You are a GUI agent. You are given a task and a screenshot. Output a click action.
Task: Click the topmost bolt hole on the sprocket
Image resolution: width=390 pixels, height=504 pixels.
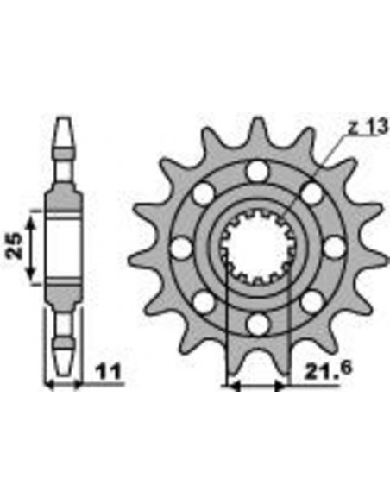tap(255, 171)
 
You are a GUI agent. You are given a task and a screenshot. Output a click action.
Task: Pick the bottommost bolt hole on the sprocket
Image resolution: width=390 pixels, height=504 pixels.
tap(255, 324)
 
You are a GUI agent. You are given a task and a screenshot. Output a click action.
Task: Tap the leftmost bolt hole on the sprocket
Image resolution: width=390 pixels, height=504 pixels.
tap(179, 248)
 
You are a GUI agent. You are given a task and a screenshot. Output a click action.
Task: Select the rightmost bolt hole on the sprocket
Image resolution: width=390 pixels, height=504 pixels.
tap(332, 248)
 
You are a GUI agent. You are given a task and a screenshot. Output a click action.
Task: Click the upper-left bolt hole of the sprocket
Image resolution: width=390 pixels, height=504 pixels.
tap(202, 193)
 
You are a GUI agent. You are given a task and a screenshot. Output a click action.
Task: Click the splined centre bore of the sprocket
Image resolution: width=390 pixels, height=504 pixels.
tap(255, 248)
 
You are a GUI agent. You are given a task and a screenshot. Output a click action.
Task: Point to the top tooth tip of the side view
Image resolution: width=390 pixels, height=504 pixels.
tap(62, 123)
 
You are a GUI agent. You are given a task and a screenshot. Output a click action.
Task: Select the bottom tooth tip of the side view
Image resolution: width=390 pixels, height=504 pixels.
tap(62, 367)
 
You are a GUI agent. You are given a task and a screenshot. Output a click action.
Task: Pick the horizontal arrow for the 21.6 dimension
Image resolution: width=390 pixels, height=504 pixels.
tap(255, 387)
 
